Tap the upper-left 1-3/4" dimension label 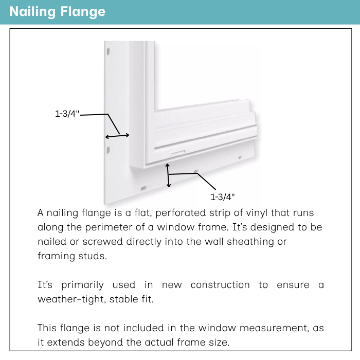67,114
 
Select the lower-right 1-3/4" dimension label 223,196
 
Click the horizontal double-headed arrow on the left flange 117,136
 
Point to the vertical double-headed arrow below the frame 168,176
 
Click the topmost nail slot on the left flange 108,51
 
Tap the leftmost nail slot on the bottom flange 144,188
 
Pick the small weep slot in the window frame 177,152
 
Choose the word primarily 82,284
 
